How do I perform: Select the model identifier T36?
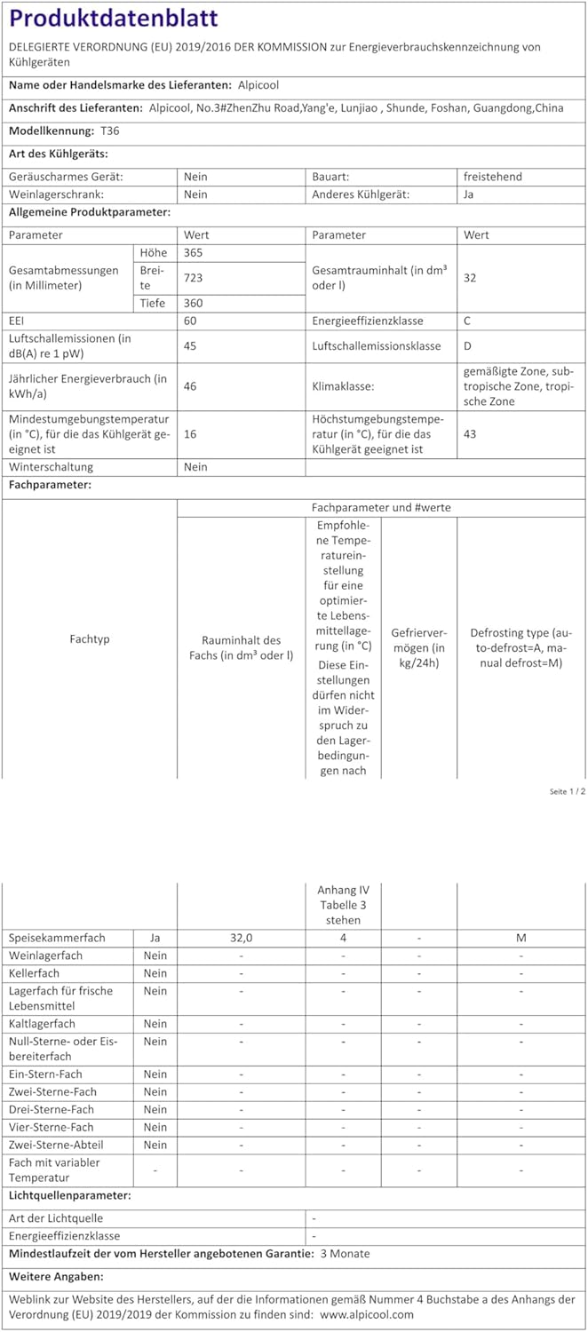click(x=109, y=131)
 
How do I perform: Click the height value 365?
click(x=193, y=253)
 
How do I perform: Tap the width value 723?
click(x=193, y=278)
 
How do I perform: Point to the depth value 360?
click(x=193, y=303)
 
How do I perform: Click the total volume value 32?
click(x=470, y=278)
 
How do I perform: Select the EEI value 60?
click(x=190, y=321)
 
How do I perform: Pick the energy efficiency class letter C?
click(x=468, y=321)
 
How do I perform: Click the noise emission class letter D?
click(x=468, y=345)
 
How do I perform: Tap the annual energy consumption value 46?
click(x=190, y=386)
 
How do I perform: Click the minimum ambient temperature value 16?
click(x=190, y=434)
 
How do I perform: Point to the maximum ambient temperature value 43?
click(x=470, y=434)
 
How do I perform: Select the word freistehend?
click(x=493, y=177)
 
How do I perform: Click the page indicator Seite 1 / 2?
click(x=567, y=791)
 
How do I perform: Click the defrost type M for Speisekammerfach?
click(x=520, y=938)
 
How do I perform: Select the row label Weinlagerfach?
click(x=45, y=955)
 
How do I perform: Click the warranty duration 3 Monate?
click(x=345, y=1254)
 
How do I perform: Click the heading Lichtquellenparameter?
click(x=69, y=1195)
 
